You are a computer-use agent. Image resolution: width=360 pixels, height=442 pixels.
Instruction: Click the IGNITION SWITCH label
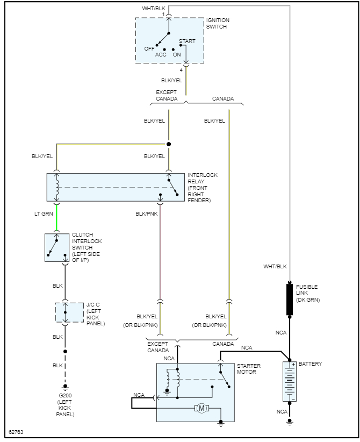(x=218, y=23)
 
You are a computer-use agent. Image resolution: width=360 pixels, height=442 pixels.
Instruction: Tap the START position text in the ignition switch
(x=187, y=41)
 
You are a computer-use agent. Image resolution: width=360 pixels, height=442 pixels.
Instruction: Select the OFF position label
(x=149, y=48)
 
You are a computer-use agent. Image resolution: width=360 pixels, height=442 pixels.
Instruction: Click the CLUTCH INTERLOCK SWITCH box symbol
(x=57, y=247)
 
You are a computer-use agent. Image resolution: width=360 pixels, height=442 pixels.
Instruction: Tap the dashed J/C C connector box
(x=66, y=311)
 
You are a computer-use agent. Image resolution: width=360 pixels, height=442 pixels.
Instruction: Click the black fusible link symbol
(x=290, y=300)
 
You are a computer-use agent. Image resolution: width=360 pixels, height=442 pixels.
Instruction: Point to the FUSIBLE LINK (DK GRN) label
(x=308, y=293)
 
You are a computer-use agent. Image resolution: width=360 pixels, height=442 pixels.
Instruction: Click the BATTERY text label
(x=311, y=364)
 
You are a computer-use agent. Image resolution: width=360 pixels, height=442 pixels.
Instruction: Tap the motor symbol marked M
(x=202, y=409)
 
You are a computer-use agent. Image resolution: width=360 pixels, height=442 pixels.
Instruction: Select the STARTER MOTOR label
(x=249, y=369)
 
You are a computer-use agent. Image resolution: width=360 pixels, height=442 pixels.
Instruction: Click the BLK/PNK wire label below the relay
(x=146, y=214)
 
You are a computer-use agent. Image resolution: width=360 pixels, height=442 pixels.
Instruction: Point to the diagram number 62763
(x=16, y=432)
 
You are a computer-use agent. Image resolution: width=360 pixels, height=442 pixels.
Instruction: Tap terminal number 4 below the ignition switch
(x=181, y=70)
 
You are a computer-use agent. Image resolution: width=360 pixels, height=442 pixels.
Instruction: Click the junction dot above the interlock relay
(x=169, y=144)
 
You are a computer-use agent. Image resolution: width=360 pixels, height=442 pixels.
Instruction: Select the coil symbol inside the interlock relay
(x=57, y=188)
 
